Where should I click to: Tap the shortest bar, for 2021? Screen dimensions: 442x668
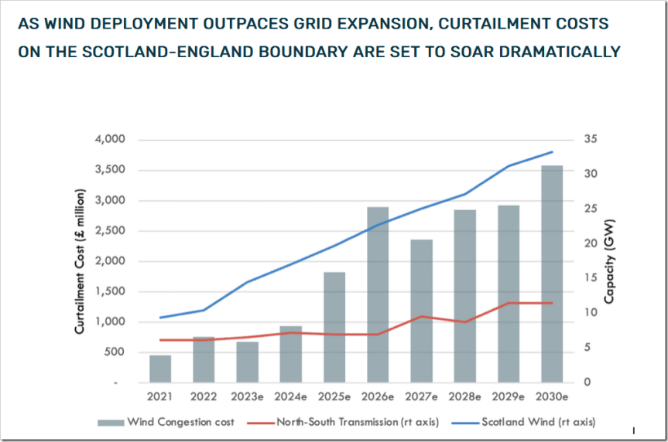(x=160, y=369)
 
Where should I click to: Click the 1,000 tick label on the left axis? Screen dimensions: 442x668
(x=110, y=322)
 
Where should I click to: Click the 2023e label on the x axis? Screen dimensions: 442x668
(x=247, y=396)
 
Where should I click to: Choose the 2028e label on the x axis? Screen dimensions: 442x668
(x=465, y=396)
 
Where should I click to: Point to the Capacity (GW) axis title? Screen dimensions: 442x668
(x=609, y=261)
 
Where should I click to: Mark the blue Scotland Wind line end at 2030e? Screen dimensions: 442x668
(x=552, y=152)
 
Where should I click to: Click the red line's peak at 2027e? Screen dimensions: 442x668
(x=421, y=316)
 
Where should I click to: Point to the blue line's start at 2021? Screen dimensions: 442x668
(x=160, y=318)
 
